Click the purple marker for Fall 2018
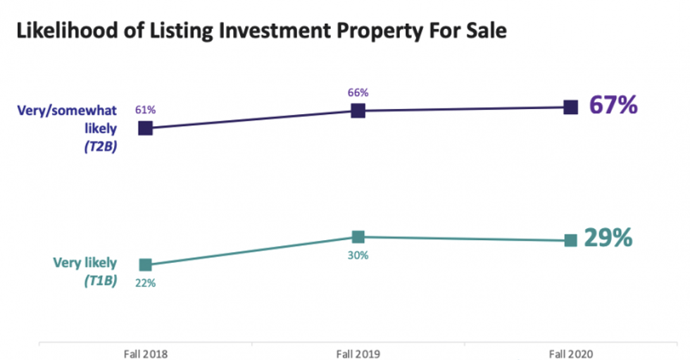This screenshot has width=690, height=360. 145,128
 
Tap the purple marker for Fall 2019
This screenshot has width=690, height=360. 358,110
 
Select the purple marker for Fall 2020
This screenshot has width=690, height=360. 571,107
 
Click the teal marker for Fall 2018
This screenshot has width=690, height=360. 145,265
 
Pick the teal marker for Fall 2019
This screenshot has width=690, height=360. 358,237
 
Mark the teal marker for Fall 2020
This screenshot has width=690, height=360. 571,241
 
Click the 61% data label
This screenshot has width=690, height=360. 145,110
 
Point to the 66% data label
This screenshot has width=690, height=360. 358,92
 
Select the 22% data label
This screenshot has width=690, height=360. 146,283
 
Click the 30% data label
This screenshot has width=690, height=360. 358,255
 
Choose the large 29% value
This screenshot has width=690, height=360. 608,239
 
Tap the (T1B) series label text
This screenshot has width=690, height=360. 99,280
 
